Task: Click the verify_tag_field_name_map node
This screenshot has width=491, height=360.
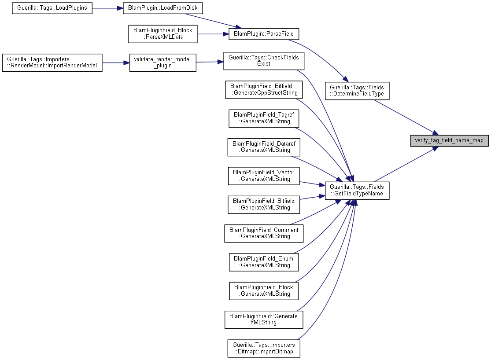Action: [x=449, y=140]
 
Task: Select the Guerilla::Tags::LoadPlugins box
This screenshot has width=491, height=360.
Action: [x=52, y=8]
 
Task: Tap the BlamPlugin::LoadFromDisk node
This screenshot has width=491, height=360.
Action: [x=162, y=8]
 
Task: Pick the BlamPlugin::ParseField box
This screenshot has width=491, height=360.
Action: [x=264, y=34]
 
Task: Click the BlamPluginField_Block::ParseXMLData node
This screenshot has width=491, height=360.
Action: [x=163, y=34]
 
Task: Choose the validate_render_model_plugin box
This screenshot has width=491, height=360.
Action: [x=163, y=62]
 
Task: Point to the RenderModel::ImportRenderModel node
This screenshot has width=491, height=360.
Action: [x=52, y=62]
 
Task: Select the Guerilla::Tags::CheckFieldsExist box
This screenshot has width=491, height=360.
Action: [x=264, y=61]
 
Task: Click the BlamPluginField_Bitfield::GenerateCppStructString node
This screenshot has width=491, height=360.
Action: [x=264, y=89]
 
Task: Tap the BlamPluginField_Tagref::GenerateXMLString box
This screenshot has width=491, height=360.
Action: [x=264, y=118]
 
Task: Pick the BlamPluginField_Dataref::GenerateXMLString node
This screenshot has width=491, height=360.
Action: [x=264, y=147]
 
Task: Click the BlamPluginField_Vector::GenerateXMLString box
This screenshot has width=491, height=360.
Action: [x=264, y=176]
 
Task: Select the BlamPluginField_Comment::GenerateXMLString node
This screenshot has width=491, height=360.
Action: [x=264, y=233]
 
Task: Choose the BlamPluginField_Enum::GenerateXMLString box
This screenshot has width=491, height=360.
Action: [x=264, y=262]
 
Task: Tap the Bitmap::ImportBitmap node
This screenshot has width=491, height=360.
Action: [x=264, y=349]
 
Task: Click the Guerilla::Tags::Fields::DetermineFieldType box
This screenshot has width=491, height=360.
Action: [x=357, y=91]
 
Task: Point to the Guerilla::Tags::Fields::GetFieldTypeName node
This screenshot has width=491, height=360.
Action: [x=357, y=190]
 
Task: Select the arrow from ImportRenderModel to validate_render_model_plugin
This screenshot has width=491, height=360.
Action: [x=116, y=62]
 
